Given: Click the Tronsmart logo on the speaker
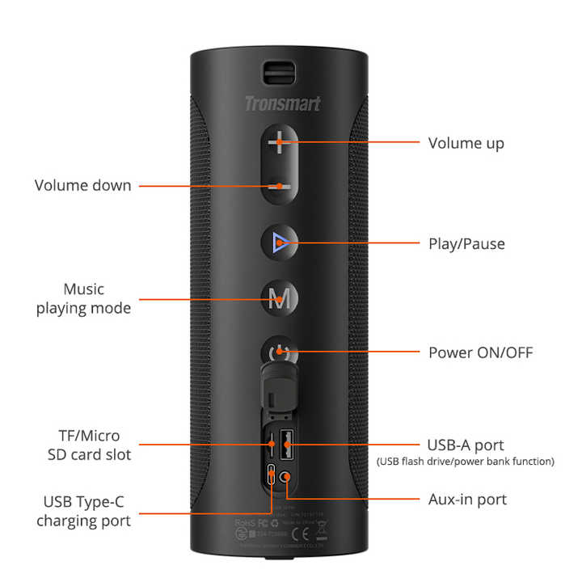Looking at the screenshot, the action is pos(282,103).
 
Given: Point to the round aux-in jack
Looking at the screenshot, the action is pos(285,475).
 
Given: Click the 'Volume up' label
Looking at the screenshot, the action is pos(466,143).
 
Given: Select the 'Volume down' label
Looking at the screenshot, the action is pos(82,185).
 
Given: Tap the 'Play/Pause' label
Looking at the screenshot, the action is pos(466,243).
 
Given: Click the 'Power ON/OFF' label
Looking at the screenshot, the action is pos(480,352).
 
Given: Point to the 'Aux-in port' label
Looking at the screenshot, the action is pos(467,499).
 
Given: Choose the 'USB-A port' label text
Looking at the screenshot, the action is pos(465,445).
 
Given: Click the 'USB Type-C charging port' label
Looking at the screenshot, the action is pos(83,511).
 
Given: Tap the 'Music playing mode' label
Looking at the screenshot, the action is pos(83,298).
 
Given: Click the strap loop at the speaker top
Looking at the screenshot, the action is pos(280,70).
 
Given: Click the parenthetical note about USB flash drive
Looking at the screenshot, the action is pos(466,462).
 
